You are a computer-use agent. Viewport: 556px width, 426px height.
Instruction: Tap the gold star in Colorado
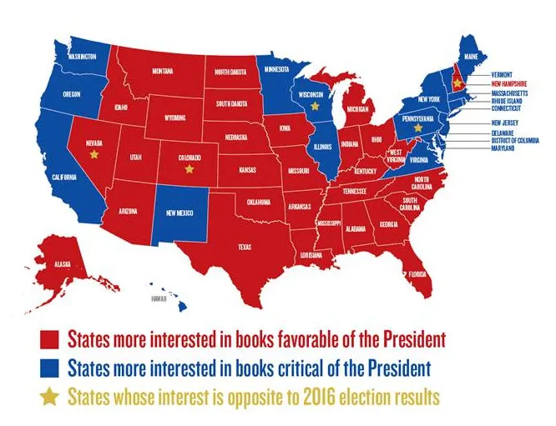click(x=190, y=168)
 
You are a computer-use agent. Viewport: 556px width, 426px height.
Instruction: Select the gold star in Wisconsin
click(x=315, y=107)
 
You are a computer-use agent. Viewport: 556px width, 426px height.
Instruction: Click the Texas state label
click(x=245, y=247)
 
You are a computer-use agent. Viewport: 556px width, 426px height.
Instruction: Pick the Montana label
click(x=163, y=72)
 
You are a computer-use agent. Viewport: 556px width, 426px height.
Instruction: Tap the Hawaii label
click(x=157, y=298)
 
